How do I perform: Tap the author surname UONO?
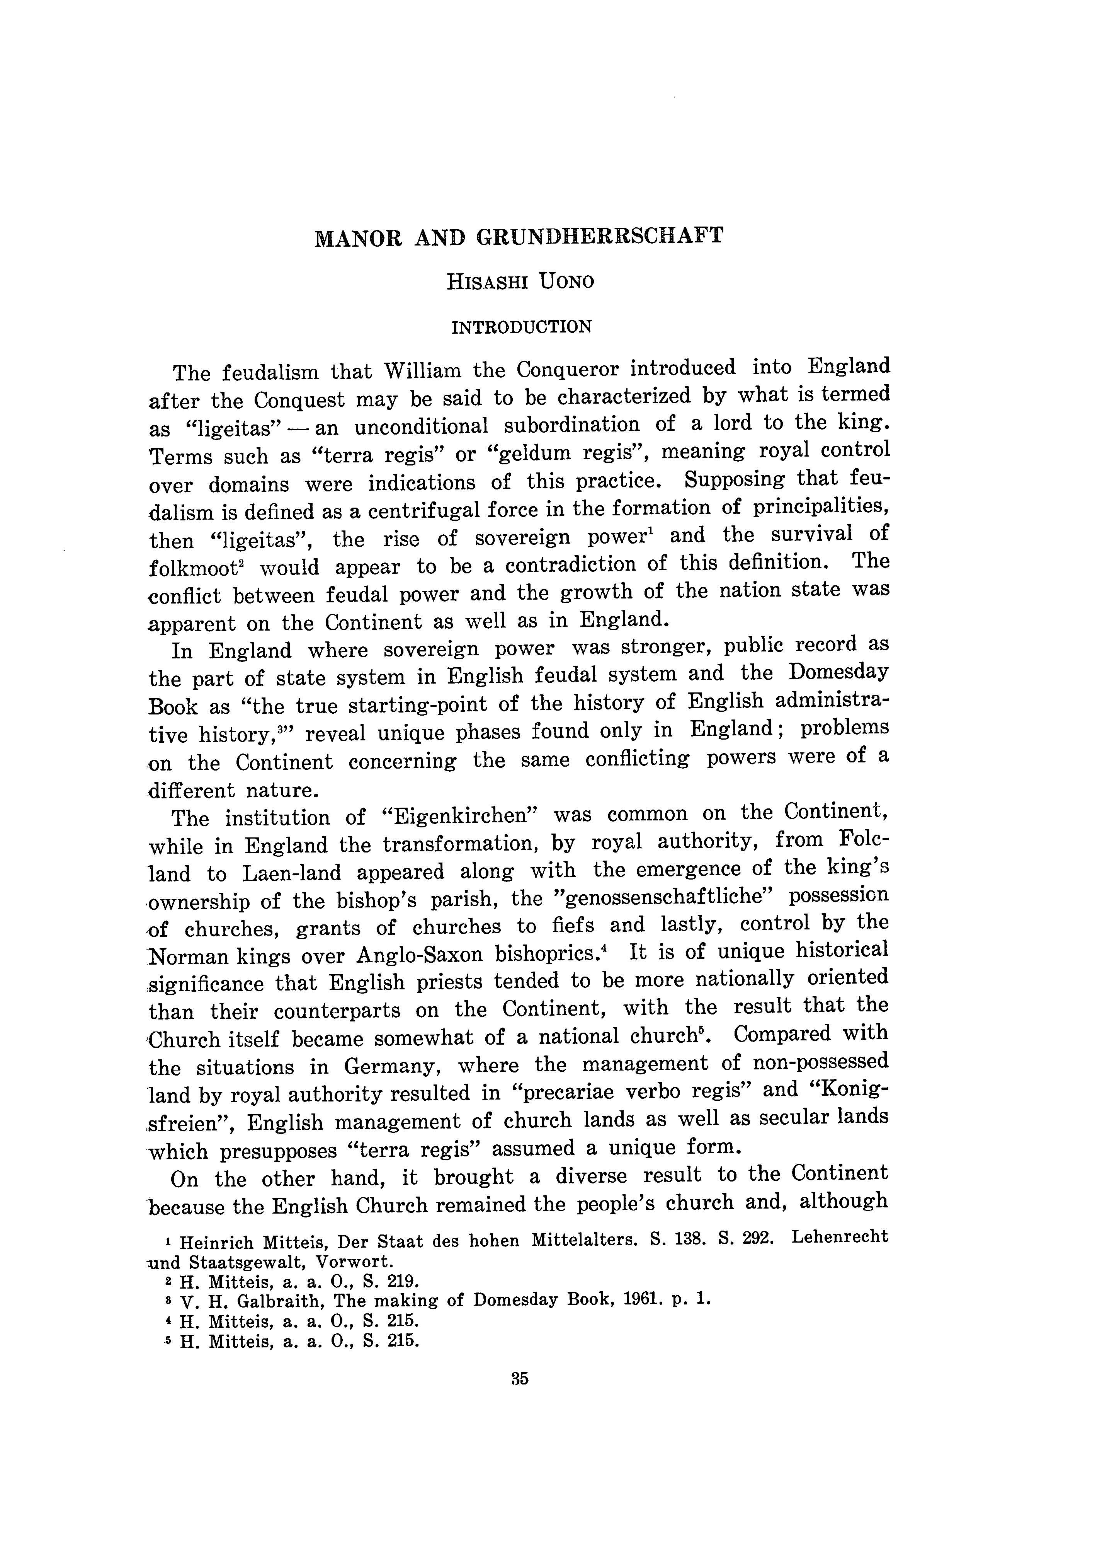point(566,281)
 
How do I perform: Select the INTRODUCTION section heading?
point(522,327)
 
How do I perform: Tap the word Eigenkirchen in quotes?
point(460,815)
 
